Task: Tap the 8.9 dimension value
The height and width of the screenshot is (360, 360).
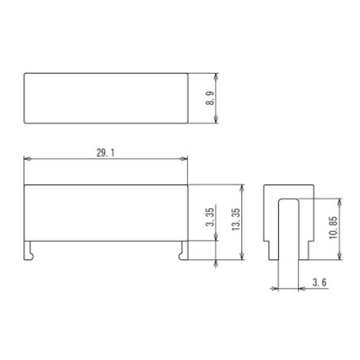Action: pyautogui.click(x=210, y=99)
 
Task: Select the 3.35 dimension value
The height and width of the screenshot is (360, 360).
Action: pyautogui.click(x=210, y=217)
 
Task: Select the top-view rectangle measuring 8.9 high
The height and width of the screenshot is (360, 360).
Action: pyautogui.click(x=106, y=98)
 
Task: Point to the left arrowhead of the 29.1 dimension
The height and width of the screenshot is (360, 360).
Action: pyautogui.click(x=27, y=160)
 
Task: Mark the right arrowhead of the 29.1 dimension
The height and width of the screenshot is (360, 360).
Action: pyautogui.click(x=186, y=160)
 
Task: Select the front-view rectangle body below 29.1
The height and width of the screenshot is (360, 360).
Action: pyautogui.click(x=106, y=212)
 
